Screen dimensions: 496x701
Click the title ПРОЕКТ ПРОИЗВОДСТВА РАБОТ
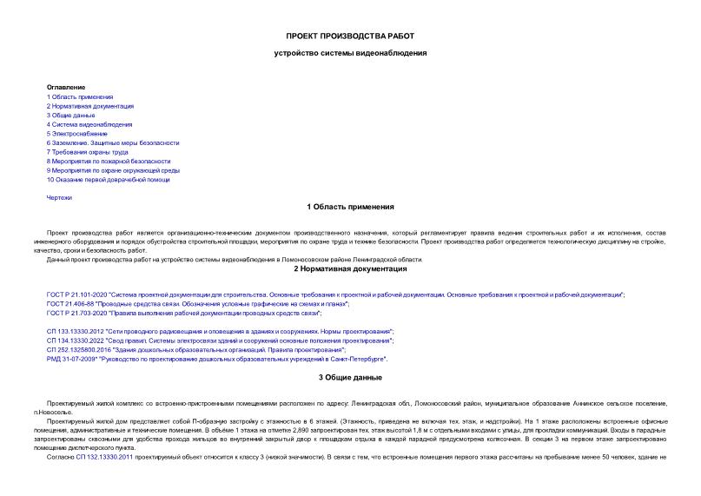point(350,36)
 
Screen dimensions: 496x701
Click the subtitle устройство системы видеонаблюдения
point(350,53)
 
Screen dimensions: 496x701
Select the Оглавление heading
point(66,87)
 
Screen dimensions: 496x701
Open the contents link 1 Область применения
point(80,96)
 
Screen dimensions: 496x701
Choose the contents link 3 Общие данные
point(71,115)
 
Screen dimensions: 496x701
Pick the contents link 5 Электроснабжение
point(77,134)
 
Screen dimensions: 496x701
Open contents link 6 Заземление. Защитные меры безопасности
point(113,142)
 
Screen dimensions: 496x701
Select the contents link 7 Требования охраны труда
point(88,152)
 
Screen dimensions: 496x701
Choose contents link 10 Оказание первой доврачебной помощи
point(109,180)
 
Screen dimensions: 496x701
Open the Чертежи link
point(59,198)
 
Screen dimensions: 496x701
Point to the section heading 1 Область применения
point(350,208)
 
